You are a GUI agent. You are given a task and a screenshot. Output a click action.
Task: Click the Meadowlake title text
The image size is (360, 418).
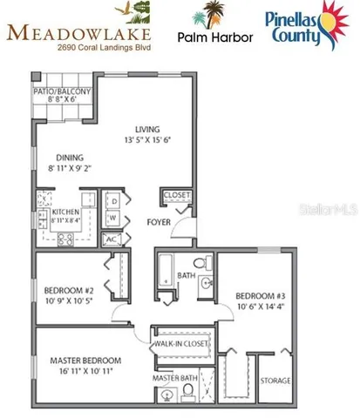79,32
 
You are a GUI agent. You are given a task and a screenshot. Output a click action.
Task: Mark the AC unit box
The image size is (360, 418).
112,239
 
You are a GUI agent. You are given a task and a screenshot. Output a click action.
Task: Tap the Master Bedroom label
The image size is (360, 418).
85,360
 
